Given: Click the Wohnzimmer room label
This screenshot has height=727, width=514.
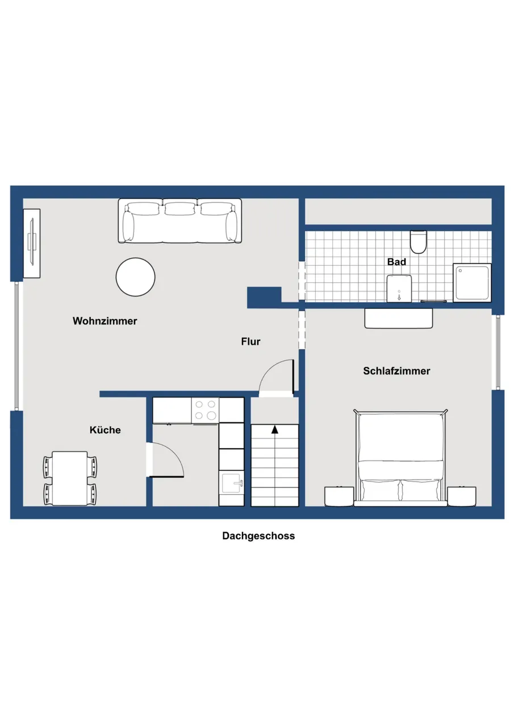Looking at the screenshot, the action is click(x=105, y=321).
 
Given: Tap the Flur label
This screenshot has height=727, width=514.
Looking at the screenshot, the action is click(x=250, y=341).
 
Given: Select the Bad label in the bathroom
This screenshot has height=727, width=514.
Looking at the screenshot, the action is click(x=396, y=262).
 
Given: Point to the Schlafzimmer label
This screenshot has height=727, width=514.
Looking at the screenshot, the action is click(x=396, y=371).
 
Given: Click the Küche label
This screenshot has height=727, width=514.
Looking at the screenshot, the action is click(x=105, y=430).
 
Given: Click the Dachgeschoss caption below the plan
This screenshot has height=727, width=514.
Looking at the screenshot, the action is click(x=258, y=536).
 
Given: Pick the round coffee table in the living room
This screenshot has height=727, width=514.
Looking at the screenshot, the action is click(x=135, y=277).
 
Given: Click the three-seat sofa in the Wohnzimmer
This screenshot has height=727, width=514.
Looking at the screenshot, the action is click(x=180, y=221).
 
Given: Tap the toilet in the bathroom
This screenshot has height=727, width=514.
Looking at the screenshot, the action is click(x=418, y=242).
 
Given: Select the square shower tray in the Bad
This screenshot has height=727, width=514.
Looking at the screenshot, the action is click(x=472, y=283).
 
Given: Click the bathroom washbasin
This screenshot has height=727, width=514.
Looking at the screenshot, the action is click(x=399, y=289).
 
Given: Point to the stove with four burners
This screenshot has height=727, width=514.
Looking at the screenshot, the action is click(x=205, y=411).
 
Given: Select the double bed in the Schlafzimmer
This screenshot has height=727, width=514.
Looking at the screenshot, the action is click(x=400, y=458).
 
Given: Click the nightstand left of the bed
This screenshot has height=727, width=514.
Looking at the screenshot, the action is click(x=339, y=496).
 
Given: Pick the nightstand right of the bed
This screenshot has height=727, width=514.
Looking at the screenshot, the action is click(x=462, y=496).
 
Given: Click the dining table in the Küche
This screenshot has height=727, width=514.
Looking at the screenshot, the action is click(x=70, y=478).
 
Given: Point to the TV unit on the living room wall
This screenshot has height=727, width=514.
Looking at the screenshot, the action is click(x=32, y=244).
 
